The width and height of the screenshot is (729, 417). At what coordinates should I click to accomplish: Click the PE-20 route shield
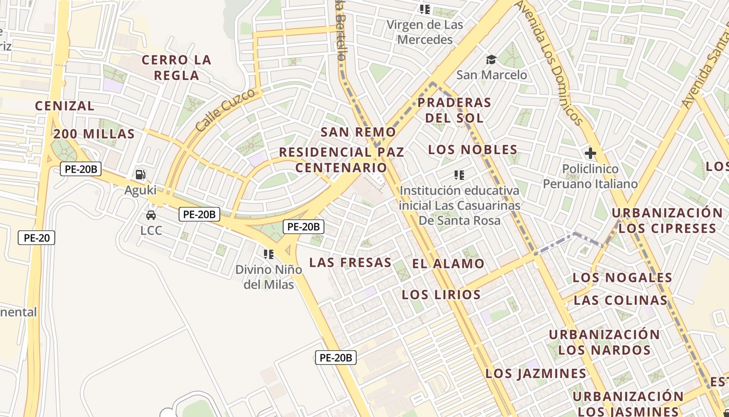coord(36,238)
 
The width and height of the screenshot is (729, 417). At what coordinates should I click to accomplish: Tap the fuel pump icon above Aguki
coord(140,175)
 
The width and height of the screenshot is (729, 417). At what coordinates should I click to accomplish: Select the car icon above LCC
coord(151,215)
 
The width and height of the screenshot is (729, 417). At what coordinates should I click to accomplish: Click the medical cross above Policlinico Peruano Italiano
coord(590,154)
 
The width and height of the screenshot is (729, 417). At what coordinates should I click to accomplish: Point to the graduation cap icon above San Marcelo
coord(491,59)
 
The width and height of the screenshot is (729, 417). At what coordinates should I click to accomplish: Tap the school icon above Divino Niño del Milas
coord(269,254)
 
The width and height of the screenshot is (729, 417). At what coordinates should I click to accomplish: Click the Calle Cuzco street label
coord(227,109)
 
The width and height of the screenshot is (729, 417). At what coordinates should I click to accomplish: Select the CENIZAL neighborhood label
coord(65,106)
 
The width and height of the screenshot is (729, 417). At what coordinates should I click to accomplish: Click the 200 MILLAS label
coord(94,134)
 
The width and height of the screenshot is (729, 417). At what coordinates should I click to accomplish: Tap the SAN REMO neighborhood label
coord(358,132)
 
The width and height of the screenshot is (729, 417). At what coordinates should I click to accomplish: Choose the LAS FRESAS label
coord(350,262)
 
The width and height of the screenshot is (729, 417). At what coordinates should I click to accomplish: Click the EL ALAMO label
coord(448,264)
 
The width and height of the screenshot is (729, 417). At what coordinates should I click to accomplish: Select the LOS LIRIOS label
coord(441,295)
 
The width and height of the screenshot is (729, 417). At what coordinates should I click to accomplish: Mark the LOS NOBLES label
coord(473,150)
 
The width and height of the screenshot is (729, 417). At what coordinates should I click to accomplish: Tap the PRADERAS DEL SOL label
coord(455,110)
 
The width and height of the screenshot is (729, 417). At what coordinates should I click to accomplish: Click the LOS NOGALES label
coord(622,277)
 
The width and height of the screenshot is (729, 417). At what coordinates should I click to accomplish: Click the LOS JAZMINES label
coord(536,374)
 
